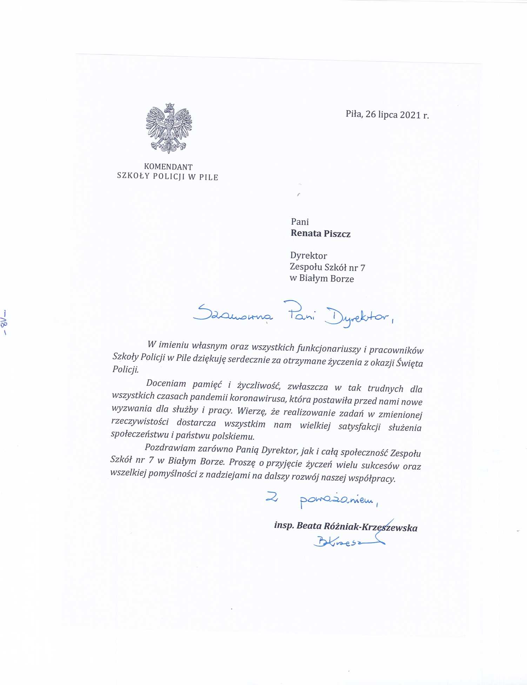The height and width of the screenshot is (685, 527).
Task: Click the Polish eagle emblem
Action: coord(169,128)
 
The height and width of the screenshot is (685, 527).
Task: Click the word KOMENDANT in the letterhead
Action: coord(168,167)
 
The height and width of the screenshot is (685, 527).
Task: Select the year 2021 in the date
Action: coord(410,115)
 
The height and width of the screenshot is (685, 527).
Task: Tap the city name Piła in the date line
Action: coord(354,114)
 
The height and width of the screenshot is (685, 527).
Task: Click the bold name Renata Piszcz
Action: coord(320,234)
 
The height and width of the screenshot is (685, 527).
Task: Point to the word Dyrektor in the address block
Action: coord(308,255)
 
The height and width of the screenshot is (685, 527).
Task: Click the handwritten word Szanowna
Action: coord(233,313)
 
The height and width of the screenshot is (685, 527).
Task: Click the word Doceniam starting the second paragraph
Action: coord(166,383)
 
